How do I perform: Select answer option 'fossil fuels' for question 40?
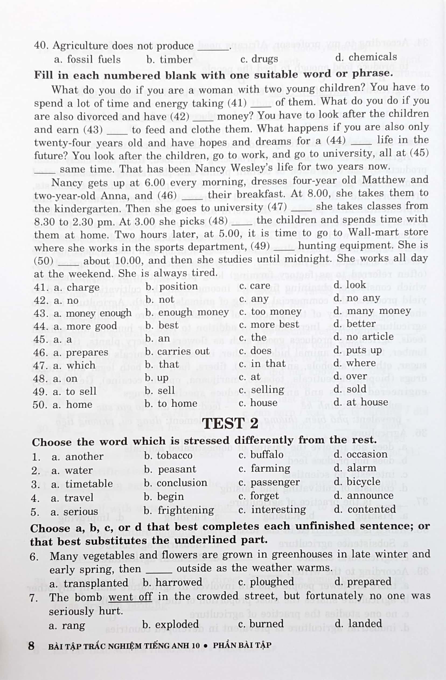click(x=94, y=60)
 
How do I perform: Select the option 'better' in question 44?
click(x=361, y=324)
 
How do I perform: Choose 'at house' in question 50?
click(x=367, y=403)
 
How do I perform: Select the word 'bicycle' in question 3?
click(x=364, y=482)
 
